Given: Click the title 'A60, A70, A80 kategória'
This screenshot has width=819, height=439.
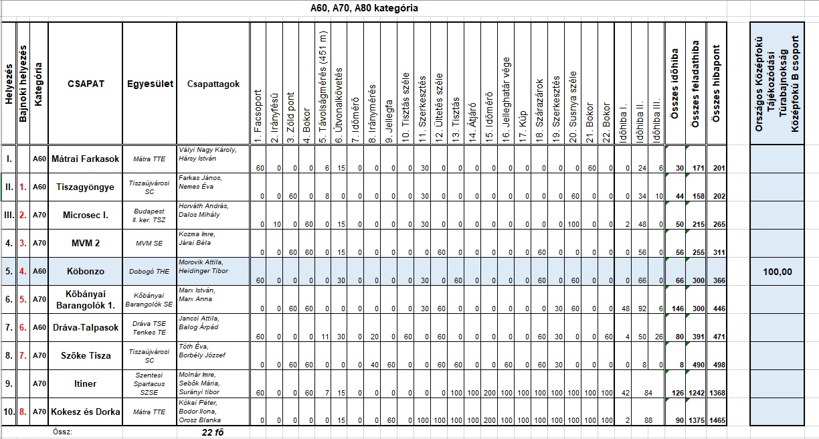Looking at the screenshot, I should (364, 9).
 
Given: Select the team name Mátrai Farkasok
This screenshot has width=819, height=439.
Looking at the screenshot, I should (86, 159).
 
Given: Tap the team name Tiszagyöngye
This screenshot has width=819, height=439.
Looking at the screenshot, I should (86, 187).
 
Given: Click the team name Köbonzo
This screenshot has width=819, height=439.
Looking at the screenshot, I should (86, 271).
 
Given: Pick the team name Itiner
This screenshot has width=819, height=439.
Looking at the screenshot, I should (86, 383).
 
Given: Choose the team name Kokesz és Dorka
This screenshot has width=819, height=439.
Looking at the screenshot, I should (86, 412).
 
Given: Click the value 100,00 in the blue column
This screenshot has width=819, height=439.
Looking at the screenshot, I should (777, 272).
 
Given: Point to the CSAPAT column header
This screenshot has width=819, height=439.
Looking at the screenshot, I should (86, 84).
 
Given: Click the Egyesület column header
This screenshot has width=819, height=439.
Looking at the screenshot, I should (150, 84).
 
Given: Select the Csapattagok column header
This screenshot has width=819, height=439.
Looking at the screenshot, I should (213, 84).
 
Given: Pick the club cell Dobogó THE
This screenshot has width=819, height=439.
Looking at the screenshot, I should (150, 271).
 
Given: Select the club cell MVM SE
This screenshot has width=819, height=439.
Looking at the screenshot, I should (150, 243).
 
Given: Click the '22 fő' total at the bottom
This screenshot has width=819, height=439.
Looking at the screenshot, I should (212, 432).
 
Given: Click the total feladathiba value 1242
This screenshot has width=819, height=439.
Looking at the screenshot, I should (695, 393).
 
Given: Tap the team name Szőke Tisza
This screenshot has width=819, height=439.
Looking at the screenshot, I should (86, 355).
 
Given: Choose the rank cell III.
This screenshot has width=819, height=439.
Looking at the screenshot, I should (9, 215).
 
